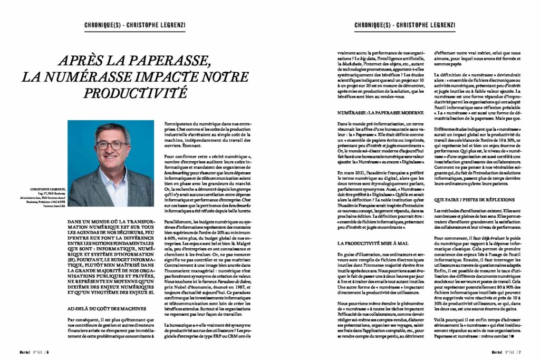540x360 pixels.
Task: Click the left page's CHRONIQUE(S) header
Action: coord(103,25)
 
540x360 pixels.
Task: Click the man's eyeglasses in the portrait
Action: coord(111,145)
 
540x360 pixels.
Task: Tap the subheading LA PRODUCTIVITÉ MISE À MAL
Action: coord(373,242)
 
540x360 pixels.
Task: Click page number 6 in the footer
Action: coord(47,352)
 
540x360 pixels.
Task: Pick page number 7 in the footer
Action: coord(519,352)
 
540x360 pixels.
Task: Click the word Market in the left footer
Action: coord(23,352)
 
